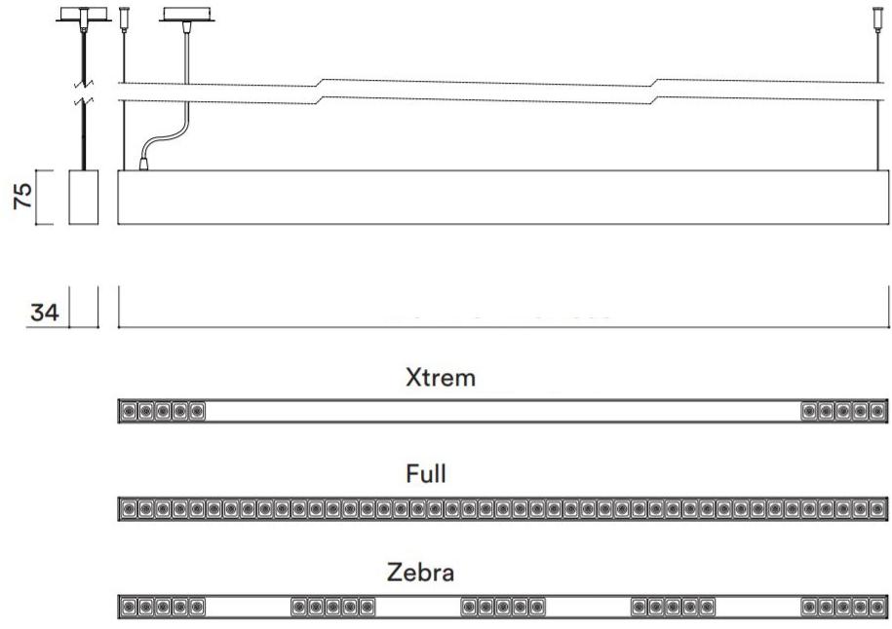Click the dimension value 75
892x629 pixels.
[22, 197]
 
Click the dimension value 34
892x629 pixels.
[45, 313]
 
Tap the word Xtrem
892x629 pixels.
[441, 378]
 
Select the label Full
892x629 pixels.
[425, 474]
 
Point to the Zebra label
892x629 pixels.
[421, 573]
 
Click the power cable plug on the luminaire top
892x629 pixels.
[144, 165]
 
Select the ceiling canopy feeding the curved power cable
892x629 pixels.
[187, 16]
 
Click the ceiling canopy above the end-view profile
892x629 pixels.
[84, 16]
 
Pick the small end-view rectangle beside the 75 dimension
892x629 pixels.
[84, 197]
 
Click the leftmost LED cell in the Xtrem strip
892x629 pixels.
[129, 411]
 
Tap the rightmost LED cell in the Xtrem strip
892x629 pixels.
[877, 411]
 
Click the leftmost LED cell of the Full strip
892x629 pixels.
[129, 508]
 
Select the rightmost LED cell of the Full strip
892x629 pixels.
[877, 508]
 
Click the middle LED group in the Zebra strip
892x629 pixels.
[503, 607]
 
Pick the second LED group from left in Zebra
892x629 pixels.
[332, 607]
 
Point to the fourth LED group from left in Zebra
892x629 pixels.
[673, 607]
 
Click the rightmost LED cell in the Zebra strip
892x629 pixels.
[877, 607]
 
